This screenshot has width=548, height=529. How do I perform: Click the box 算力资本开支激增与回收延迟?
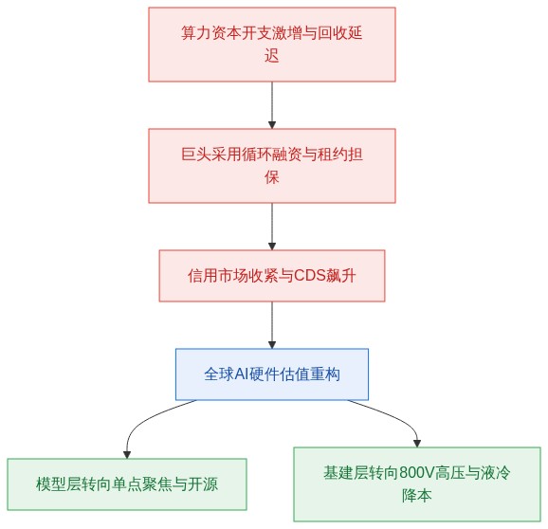pos(272,45)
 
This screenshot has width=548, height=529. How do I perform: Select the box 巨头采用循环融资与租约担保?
pos(272,166)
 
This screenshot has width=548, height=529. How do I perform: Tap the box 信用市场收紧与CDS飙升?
pos(272,276)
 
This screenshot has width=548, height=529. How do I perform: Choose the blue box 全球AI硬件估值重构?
pos(272,374)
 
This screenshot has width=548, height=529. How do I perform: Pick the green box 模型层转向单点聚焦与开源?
pos(127,484)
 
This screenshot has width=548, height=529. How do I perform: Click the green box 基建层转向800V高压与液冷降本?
pos(417,484)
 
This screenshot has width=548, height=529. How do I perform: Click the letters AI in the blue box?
pos(241,374)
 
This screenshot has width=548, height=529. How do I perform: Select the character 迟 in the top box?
pos(272,56)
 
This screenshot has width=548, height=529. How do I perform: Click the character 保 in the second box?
pos(272,176)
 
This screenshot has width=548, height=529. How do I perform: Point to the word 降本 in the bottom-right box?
pos(417,496)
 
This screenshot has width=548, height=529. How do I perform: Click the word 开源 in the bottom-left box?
pos(203,484)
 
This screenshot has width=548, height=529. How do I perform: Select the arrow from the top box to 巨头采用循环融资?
pos(272,105)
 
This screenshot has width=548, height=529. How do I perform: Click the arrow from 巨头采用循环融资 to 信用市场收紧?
pos(272,227)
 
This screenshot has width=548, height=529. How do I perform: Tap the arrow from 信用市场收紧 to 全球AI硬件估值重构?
pos(272,325)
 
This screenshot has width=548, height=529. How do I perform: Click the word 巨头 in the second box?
pos(196,155)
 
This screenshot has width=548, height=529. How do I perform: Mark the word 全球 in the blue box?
pos(219,374)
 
